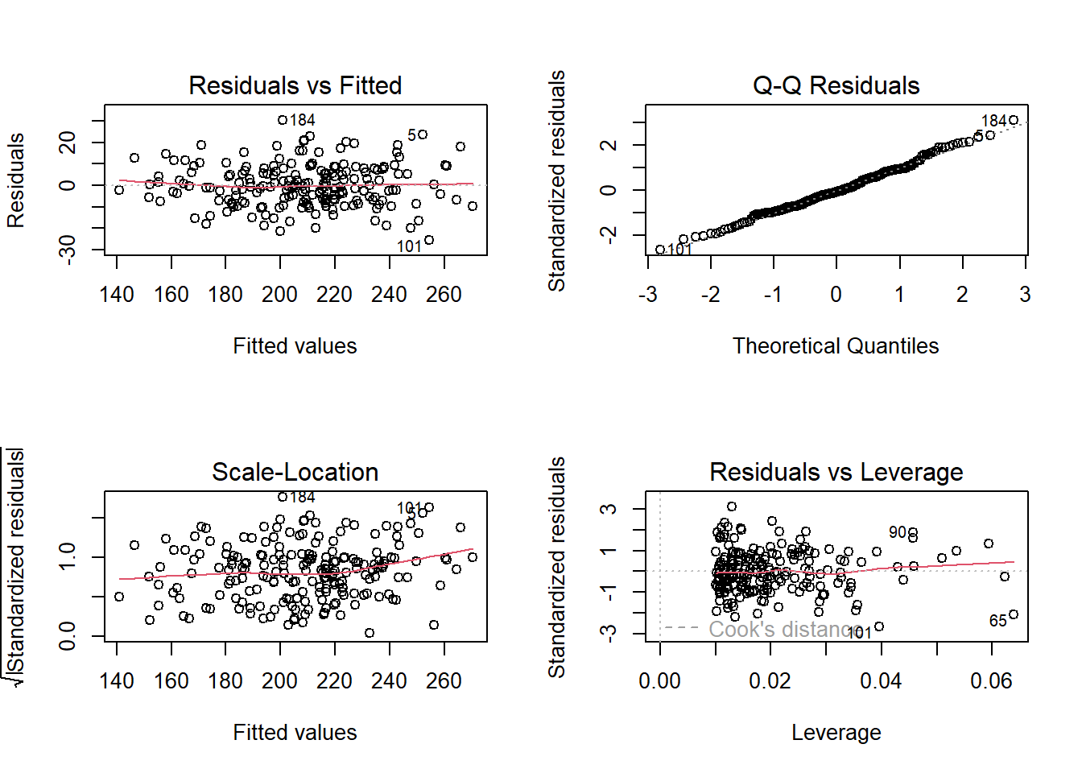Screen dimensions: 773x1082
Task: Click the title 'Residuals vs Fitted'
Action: pos(295,85)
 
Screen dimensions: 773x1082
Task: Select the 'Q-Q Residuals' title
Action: pos(836,85)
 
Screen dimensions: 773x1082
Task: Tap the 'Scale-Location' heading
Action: pos(295,472)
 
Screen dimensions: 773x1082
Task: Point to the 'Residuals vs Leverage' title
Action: pos(836,472)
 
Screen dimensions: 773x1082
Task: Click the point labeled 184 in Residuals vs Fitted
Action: pos(283,120)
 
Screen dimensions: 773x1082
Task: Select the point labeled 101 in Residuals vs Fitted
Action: pos(429,240)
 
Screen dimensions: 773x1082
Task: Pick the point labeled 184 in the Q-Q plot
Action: pos(1014,121)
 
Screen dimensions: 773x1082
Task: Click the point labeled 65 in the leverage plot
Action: pos(1014,614)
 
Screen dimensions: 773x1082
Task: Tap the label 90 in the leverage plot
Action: pos(898,532)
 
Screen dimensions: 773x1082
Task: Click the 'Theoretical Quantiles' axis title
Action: pos(836,346)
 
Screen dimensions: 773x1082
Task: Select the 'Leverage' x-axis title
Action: pos(836,733)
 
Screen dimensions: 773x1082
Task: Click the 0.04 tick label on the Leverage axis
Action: pos(881,681)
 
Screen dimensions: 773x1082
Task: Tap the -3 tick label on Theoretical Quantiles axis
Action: pos(648,295)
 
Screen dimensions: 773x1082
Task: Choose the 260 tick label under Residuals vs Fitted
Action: pos(444,295)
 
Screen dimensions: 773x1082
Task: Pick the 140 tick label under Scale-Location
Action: pos(117,681)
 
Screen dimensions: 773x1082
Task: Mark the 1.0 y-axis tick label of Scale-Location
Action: pos(68,556)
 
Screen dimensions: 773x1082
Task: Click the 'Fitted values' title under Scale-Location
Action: pos(295,733)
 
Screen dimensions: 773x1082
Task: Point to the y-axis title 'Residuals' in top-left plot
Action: pos(16,180)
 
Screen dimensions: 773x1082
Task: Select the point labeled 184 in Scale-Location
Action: pos(283,497)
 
